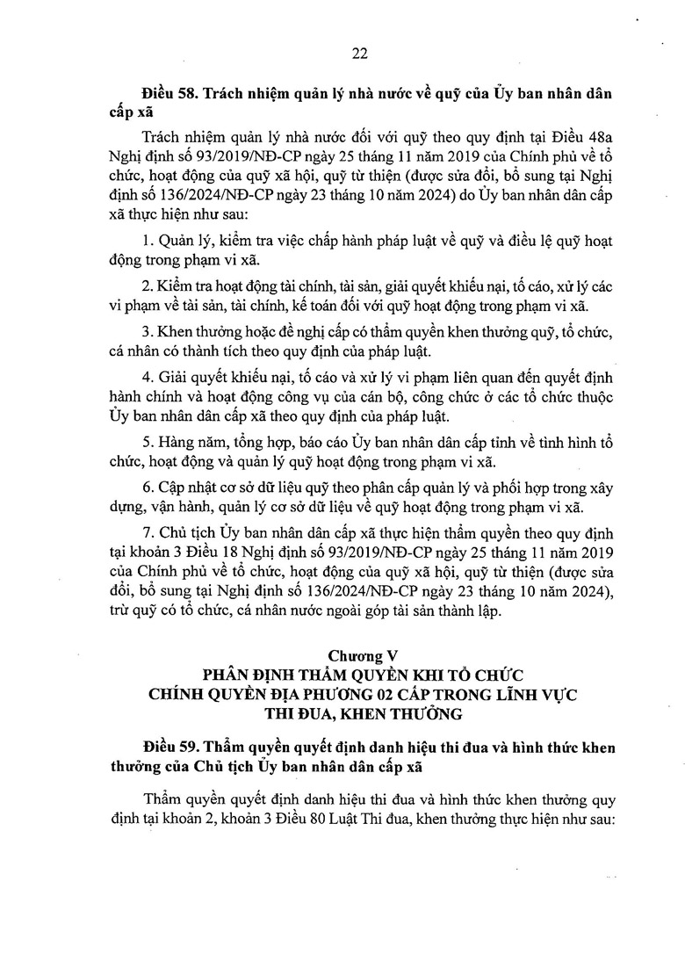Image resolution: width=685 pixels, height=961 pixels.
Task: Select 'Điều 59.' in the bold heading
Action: pyautogui.click(x=169, y=748)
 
